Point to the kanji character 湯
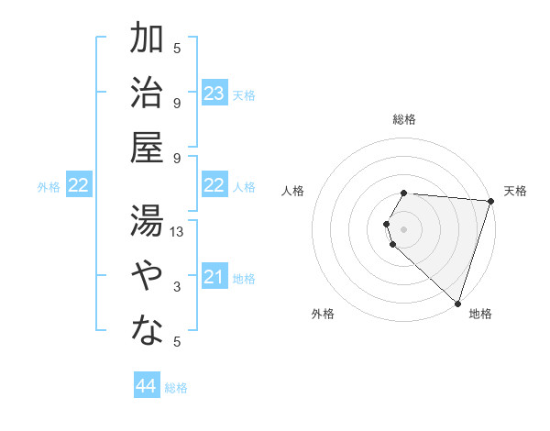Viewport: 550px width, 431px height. [147, 221]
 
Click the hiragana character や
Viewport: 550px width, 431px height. [147, 276]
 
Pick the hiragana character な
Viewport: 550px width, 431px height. [147, 331]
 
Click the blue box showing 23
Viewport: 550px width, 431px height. [214, 94]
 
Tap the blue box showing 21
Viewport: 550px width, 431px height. [214, 278]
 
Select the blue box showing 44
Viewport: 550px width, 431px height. [147, 386]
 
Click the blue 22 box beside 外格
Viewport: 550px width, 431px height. [79, 186]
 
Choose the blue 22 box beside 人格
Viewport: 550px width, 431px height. [214, 186]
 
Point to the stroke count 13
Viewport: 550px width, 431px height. [178, 232]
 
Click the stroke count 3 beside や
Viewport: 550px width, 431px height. [177, 287]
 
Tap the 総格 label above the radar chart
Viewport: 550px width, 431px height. [404, 119]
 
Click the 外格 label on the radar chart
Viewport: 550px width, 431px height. [323, 315]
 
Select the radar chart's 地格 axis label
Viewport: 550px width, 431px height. [480, 315]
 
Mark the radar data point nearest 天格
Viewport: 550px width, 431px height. [490, 202]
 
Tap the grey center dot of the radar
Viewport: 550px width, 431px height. [404, 227]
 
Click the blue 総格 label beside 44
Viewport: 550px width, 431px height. [176, 388]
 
